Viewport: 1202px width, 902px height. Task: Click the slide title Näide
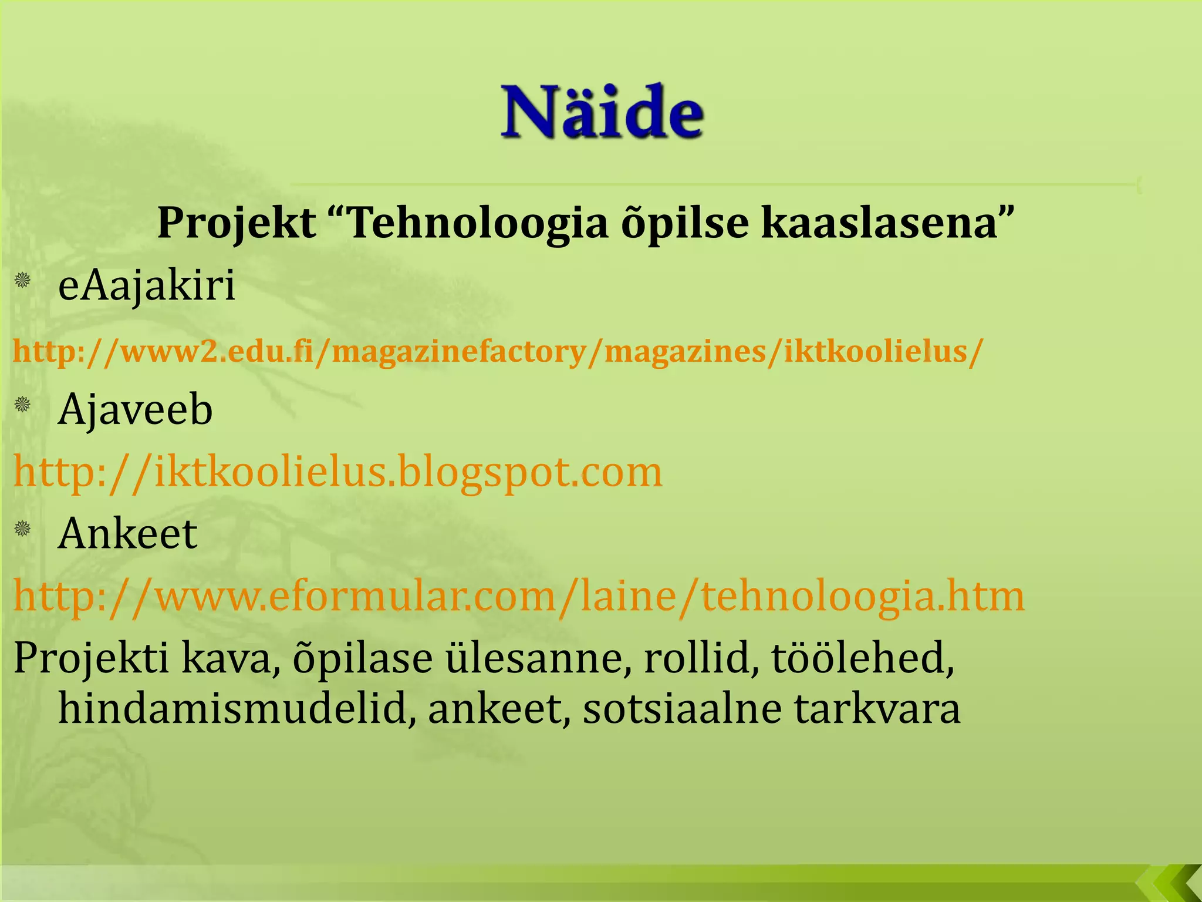pyautogui.click(x=602, y=112)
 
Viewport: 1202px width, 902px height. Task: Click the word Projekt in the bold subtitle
pyautogui.click(x=237, y=223)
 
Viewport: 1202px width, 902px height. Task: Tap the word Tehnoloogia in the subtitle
pyautogui.click(x=478, y=223)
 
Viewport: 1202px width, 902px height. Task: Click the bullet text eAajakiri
pyautogui.click(x=147, y=286)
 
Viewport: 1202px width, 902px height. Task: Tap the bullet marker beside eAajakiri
pyautogui.click(x=23, y=280)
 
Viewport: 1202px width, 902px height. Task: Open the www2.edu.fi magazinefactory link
pyautogui.click(x=498, y=352)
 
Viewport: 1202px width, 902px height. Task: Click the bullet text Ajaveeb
pyautogui.click(x=135, y=409)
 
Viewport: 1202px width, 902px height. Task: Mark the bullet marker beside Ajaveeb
pyautogui.click(x=23, y=404)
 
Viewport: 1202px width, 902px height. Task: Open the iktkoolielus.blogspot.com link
pyautogui.click(x=338, y=472)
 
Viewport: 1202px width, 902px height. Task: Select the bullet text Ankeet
pyautogui.click(x=127, y=534)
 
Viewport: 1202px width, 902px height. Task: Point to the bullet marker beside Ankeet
pyautogui.click(x=23, y=529)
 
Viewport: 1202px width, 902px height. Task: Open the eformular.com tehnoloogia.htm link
pyautogui.click(x=519, y=596)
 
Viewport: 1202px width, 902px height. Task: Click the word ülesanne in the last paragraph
pyautogui.click(x=534, y=658)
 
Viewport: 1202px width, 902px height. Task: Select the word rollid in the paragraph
pyautogui.click(x=697, y=658)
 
